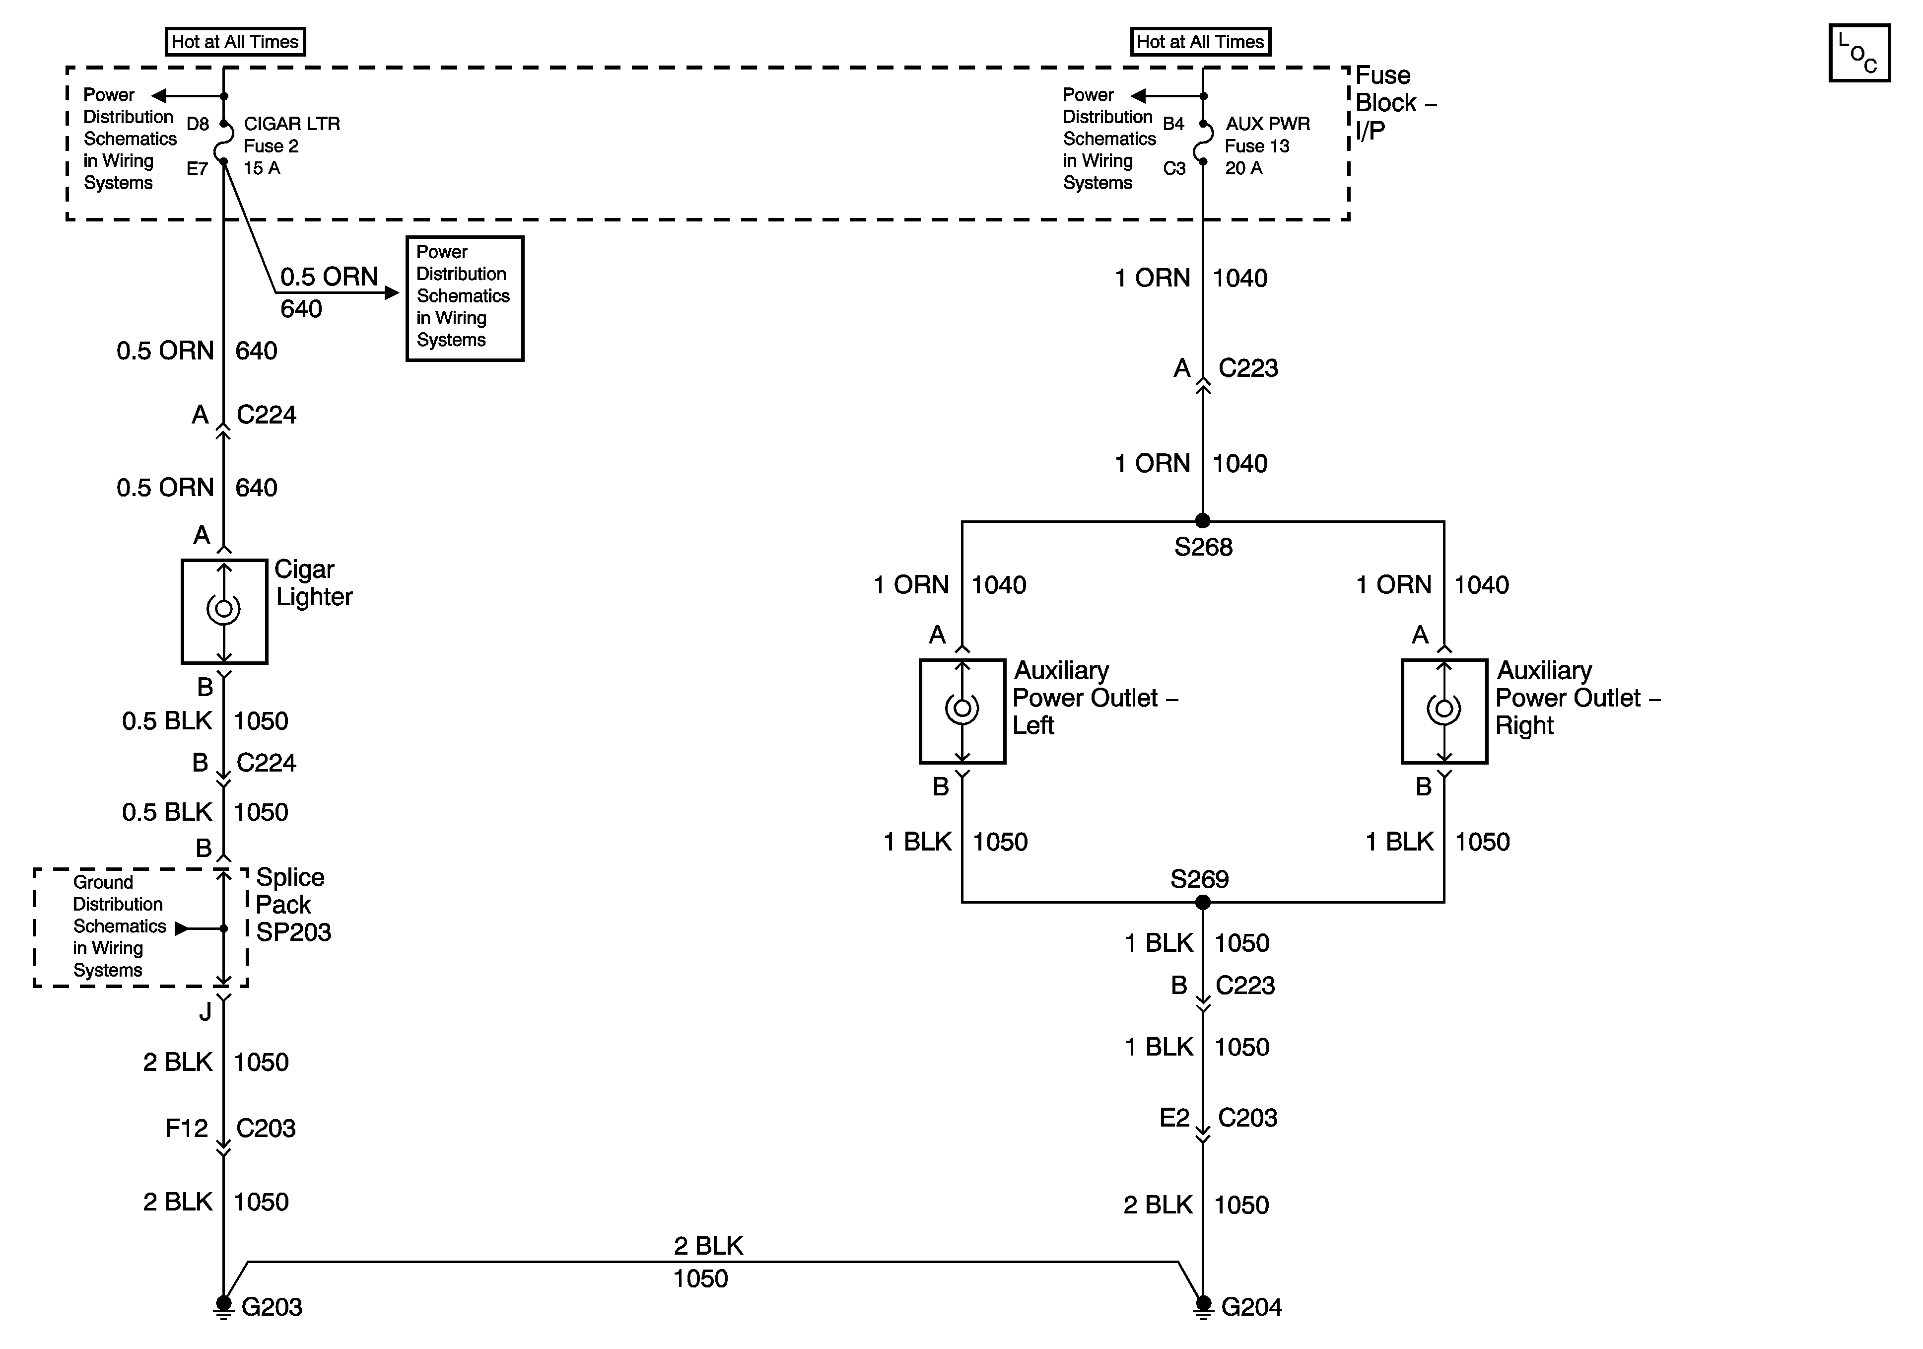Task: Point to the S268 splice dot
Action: [1203, 521]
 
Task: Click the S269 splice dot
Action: [1203, 903]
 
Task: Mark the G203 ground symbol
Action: [224, 1307]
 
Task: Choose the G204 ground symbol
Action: [1203, 1307]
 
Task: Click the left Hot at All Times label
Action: [235, 42]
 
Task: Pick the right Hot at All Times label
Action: [1200, 42]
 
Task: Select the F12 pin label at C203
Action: [186, 1129]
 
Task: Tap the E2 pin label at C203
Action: [1174, 1118]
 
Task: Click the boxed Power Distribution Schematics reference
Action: [465, 298]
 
